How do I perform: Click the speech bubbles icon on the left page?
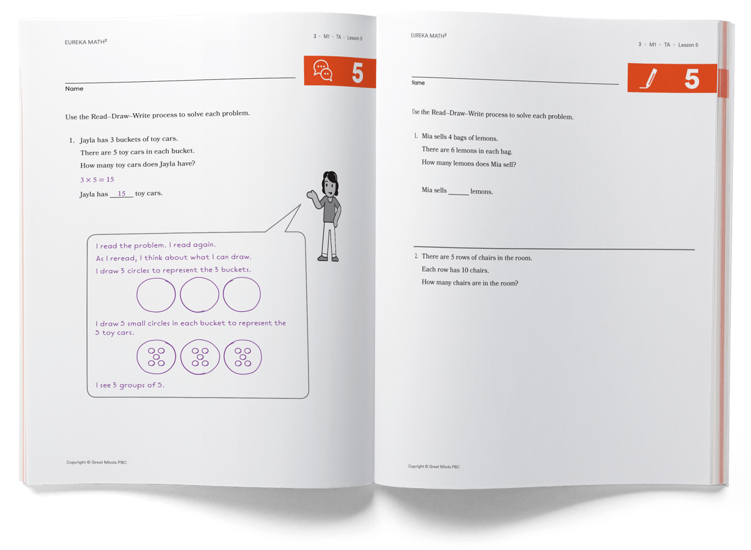click(x=323, y=71)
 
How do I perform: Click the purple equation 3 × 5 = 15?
click(x=97, y=179)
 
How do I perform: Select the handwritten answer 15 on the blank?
click(x=121, y=194)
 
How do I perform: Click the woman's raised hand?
click(x=311, y=195)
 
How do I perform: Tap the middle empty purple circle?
click(x=199, y=294)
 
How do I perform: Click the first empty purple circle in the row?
click(x=156, y=294)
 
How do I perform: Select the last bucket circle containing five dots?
click(x=242, y=357)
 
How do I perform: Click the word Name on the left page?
click(x=74, y=89)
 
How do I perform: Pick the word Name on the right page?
click(x=418, y=82)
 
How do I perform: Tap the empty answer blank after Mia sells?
click(x=458, y=191)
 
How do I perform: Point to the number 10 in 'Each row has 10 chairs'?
click(x=462, y=270)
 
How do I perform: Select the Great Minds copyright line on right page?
click(x=435, y=466)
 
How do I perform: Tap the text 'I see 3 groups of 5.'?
click(x=130, y=385)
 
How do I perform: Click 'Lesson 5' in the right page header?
click(x=688, y=45)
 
